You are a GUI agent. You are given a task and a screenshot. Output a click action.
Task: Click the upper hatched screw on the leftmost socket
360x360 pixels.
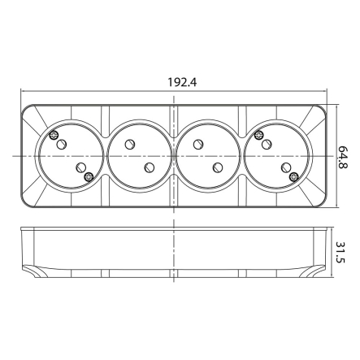[x=54, y=135]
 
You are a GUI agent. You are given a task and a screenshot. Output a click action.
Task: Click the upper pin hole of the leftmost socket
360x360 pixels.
[x=61, y=143]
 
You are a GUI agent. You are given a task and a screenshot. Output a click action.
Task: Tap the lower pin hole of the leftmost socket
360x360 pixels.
[x=79, y=166]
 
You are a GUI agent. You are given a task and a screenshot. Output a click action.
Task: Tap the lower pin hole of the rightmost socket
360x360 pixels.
[x=284, y=166]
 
